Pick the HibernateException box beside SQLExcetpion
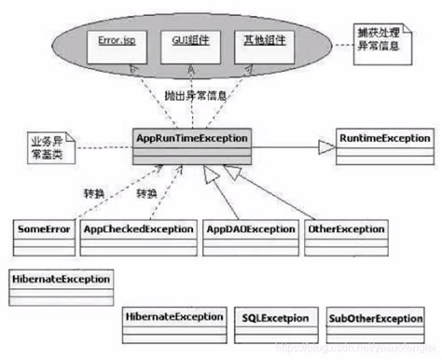coord(174,319)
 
